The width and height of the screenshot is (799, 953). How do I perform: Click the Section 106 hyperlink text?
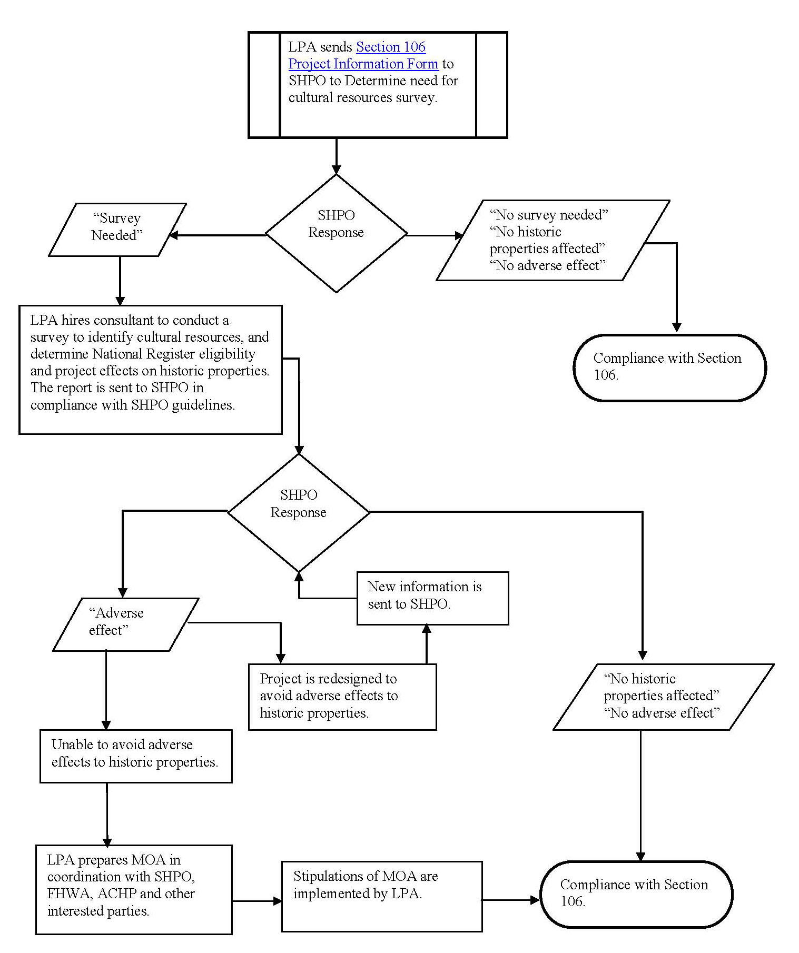click(x=391, y=47)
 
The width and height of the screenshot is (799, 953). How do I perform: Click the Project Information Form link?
click(x=363, y=64)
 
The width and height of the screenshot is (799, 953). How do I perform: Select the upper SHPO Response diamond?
click(x=336, y=233)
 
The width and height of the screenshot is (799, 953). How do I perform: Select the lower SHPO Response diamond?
click(x=299, y=512)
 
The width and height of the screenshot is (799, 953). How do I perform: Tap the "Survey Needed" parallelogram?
click(x=117, y=230)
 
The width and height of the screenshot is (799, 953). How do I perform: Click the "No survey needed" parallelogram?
click(x=553, y=240)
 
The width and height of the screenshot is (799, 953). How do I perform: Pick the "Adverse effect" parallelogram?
click(x=126, y=624)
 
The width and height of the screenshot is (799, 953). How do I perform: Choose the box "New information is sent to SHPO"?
click(x=433, y=598)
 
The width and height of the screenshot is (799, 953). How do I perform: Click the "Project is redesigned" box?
click(x=342, y=697)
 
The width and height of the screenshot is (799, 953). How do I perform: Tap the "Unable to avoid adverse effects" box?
click(x=136, y=756)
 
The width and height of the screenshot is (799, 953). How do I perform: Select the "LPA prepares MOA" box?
click(x=134, y=889)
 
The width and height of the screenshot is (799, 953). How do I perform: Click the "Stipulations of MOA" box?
click(x=382, y=896)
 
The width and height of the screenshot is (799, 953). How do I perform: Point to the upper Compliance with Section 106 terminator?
click(x=669, y=368)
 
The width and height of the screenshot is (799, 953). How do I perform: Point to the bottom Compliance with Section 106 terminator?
click(x=636, y=894)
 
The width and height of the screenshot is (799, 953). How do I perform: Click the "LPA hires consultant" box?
click(x=151, y=370)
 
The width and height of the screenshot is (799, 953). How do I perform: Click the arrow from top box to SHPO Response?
click(x=336, y=156)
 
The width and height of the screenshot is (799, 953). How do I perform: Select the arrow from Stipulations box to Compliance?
click(x=511, y=900)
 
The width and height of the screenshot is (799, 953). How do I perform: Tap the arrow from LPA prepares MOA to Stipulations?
click(x=257, y=901)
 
